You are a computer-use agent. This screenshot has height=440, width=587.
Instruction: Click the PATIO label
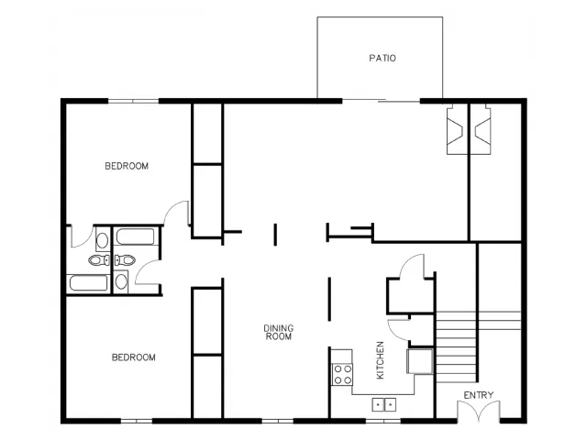[x=382, y=58]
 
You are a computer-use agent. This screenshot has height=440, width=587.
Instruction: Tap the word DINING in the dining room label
[x=279, y=328]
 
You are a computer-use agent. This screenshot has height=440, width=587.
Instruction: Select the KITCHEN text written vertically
[x=380, y=360]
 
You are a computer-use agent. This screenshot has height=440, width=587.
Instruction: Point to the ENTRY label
[x=479, y=395]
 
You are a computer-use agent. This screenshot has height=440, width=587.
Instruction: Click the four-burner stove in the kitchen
[x=342, y=375]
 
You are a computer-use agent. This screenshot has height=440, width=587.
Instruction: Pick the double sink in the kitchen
[x=384, y=404]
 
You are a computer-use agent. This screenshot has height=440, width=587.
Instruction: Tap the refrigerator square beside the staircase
[x=420, y=361]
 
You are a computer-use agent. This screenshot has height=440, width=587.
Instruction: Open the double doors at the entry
[x=479, y=411]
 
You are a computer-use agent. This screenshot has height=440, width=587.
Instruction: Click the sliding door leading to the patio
[x=382, y=100]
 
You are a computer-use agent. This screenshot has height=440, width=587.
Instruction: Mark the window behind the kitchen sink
[x=383, y=421]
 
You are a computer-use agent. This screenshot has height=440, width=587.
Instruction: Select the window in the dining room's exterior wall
[x=277, y=421]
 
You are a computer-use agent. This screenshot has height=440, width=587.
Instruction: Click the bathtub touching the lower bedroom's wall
[x=88, y=283]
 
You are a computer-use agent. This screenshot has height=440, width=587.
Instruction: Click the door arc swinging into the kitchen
[x=398, y=328]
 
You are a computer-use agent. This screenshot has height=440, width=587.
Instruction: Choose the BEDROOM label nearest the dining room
[x=134, y=357]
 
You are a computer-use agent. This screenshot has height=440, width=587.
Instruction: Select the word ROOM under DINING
[x=279, y=336]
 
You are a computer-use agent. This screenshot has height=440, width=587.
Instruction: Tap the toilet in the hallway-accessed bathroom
[x=125, y=259]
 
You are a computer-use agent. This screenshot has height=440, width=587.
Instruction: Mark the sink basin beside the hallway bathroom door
[x=121, y=281]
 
